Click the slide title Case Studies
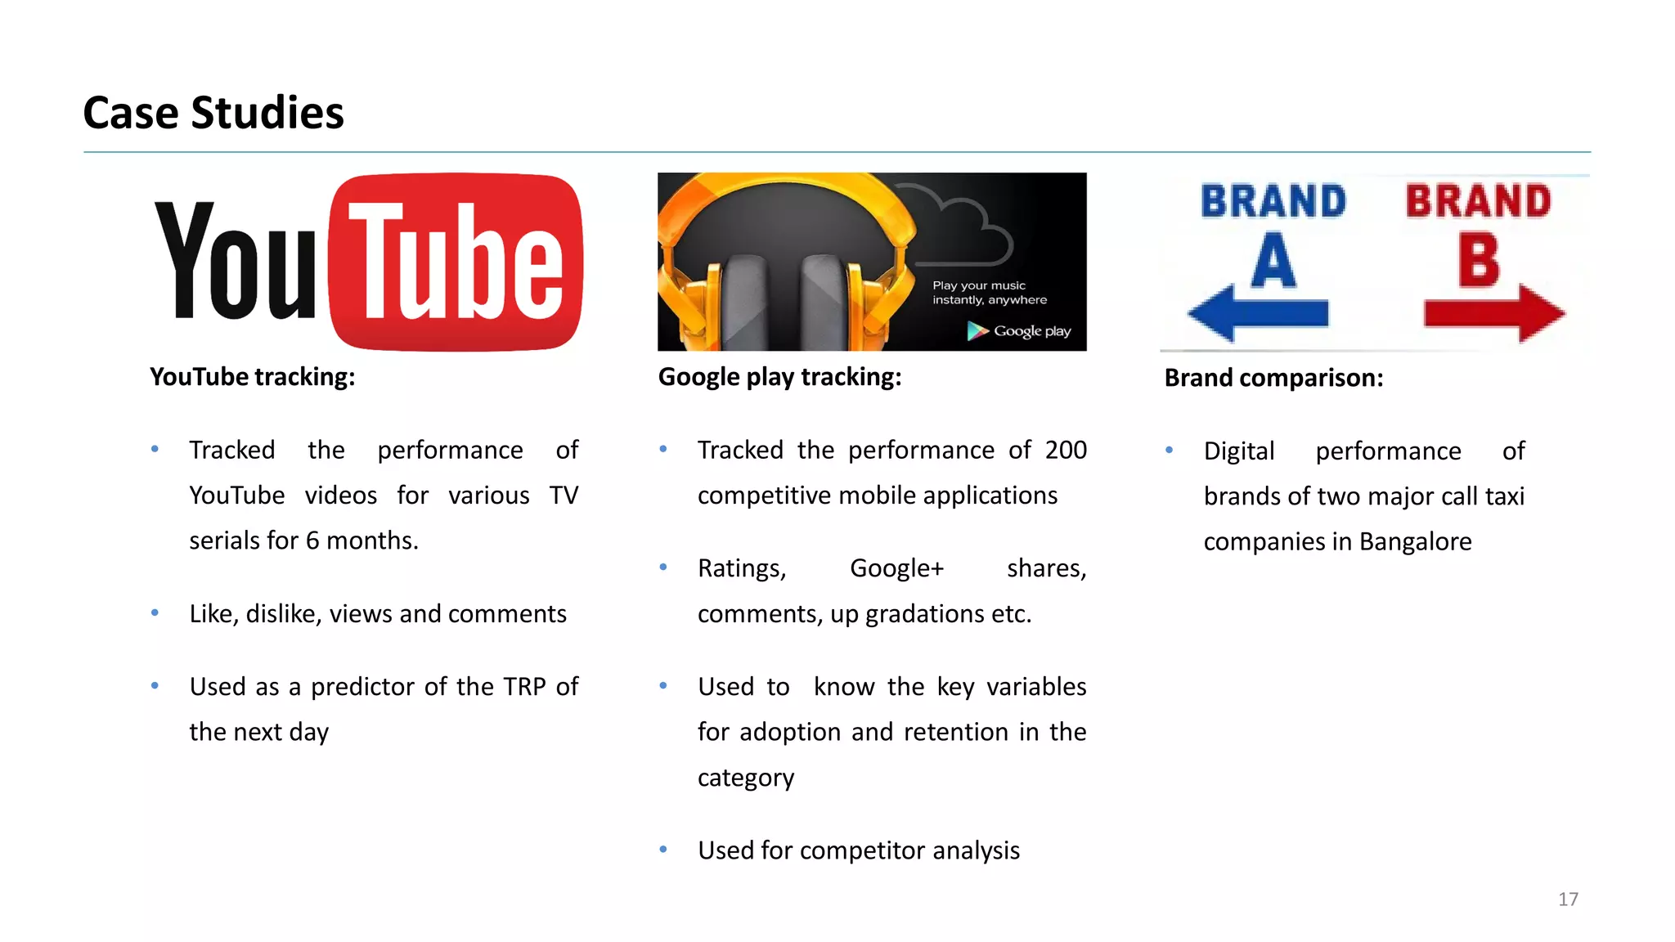tap(213, 113)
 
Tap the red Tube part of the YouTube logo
tap(456, 262)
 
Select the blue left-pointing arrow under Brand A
tap(1258, 313)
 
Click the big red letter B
tap(1479, 260)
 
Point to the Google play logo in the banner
tap(1019, 331)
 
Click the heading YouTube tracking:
tap(253, 377)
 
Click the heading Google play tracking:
tap(779, 377)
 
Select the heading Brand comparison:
tap(1273, 378)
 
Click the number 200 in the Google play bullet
tap(1066, 450)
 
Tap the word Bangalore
tap(1415, 541)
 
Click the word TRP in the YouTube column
tap(524, 686)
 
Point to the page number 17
tap(1568, 899)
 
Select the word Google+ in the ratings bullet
tap(896, 568)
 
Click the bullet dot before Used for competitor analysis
tap(663, 850)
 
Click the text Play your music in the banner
tap(978, 285)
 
